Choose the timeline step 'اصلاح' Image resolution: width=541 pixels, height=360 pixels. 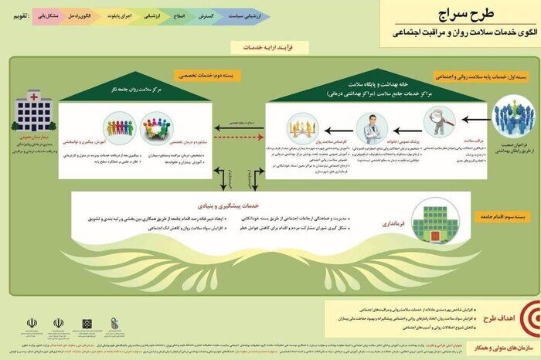pos(179,15)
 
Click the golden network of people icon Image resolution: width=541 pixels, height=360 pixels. pos(302,127)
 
